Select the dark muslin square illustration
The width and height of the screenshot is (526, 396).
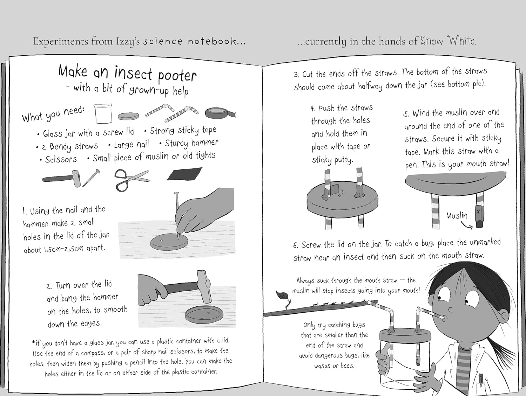point(184,174)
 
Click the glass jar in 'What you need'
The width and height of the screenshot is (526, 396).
point(103,113)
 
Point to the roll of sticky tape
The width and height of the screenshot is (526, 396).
point(220,113)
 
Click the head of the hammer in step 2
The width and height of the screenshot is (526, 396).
point(204,286)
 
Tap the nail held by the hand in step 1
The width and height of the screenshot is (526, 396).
point(177,215)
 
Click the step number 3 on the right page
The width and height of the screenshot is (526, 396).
point(296,75)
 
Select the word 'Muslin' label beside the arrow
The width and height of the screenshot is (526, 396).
point(457,216)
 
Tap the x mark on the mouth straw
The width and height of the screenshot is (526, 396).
point(478,211)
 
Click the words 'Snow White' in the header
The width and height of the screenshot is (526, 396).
point(449,41)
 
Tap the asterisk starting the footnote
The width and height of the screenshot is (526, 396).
point(33,342)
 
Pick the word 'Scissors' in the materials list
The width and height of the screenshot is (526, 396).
point(61,159)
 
